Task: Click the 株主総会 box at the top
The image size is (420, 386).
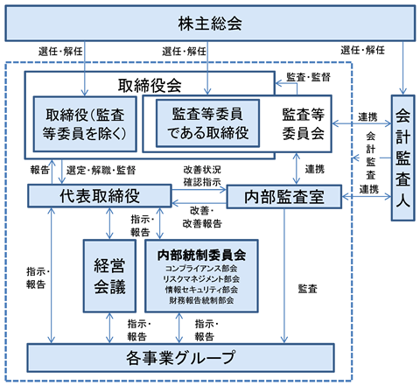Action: click(x=210, y=23)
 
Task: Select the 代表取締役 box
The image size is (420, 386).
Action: click(x=100, y=196)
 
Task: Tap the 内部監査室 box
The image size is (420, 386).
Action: click(x=284, y=197)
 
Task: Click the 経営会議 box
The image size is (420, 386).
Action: click(x=109, y=276)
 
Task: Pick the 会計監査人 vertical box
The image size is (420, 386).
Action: click(x=402, y=158)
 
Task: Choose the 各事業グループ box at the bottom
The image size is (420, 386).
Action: click(x=180, y=358)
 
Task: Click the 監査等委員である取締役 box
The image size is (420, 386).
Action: click(x=207, y=123)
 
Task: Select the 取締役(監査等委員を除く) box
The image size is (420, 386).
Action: click(x=85, y=124)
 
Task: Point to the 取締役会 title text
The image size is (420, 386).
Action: click(x=150, y=86)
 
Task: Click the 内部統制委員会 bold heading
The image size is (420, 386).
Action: click(x=201, y=255)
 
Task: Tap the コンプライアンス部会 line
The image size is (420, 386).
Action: click(x=201, y=269)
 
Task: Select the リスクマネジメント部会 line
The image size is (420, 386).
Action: click(x=201, y=279)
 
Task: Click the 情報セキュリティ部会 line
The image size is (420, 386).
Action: click(x=201, y=290)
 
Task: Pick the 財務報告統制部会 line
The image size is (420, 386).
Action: click(x=201, y=300)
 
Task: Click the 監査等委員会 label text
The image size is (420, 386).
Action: click(x=304, y=123)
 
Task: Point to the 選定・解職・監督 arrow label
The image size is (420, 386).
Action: click(x=101, y=171)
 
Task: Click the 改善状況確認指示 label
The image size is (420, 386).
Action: click(x=202, y=176)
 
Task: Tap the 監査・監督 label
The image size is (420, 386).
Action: click(x=308, y=77)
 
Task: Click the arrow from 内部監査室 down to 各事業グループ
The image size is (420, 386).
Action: click(x=284, y=276)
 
